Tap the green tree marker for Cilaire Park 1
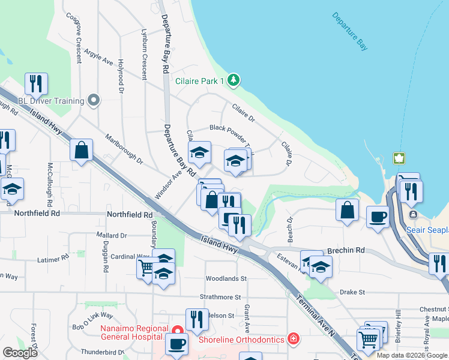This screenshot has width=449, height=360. tap(234, 80)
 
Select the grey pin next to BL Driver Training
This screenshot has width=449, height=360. tap(93, 100)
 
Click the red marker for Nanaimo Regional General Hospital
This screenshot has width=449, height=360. tap(177, 330)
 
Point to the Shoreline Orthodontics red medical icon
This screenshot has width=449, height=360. tap(292, 338)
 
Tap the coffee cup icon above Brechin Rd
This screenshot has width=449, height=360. tap(378, 216)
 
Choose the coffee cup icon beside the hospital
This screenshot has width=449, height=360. tap(176, 344)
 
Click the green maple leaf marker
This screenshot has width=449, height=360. tap(397, 158)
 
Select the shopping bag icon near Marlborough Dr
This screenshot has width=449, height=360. tap(81, 149)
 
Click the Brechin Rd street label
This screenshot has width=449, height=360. tap(347, 250)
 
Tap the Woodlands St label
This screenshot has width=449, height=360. tap(226, 279)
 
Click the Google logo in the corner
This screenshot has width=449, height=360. tap(20, 353)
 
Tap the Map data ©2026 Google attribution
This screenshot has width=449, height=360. tap(411, 355)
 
